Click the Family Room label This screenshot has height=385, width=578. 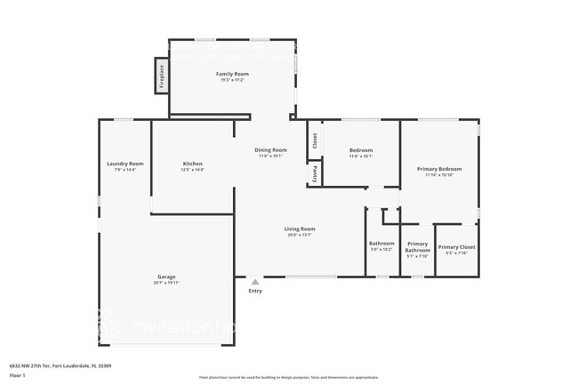pyautogui.click(x=232, y=74)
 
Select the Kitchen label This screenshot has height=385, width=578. pyautogui.click(x=193, y=164)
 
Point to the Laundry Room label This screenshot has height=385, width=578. pyautogui.click(x=124, y=164)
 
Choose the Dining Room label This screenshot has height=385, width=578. pyautogui.click(x=271, y=150)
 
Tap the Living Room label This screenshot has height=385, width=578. pyautogui.click(x=300, y=229)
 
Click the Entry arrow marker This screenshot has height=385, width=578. pyautogui.click(x=255, y=280)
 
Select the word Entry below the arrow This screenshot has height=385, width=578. pyautogui.click(x=255, y=291)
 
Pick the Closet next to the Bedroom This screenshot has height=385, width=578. pyautogui.click(x=314, y=140)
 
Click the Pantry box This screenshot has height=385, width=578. pyautogui.click(x=314, y=173)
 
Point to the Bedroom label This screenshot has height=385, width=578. pyautogui.click(x=361, y=150)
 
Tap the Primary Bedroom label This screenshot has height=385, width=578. pyautogui.click(x=439, y=169)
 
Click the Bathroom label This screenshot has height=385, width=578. pyautogui.click(x=381, y=244)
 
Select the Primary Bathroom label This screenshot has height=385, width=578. pyautogui.click(x=417, y=247)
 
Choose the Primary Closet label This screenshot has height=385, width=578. pyautogui.click(x=456, y=246)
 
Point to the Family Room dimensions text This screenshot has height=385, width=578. pyautogui.click(x=232, y=80)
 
